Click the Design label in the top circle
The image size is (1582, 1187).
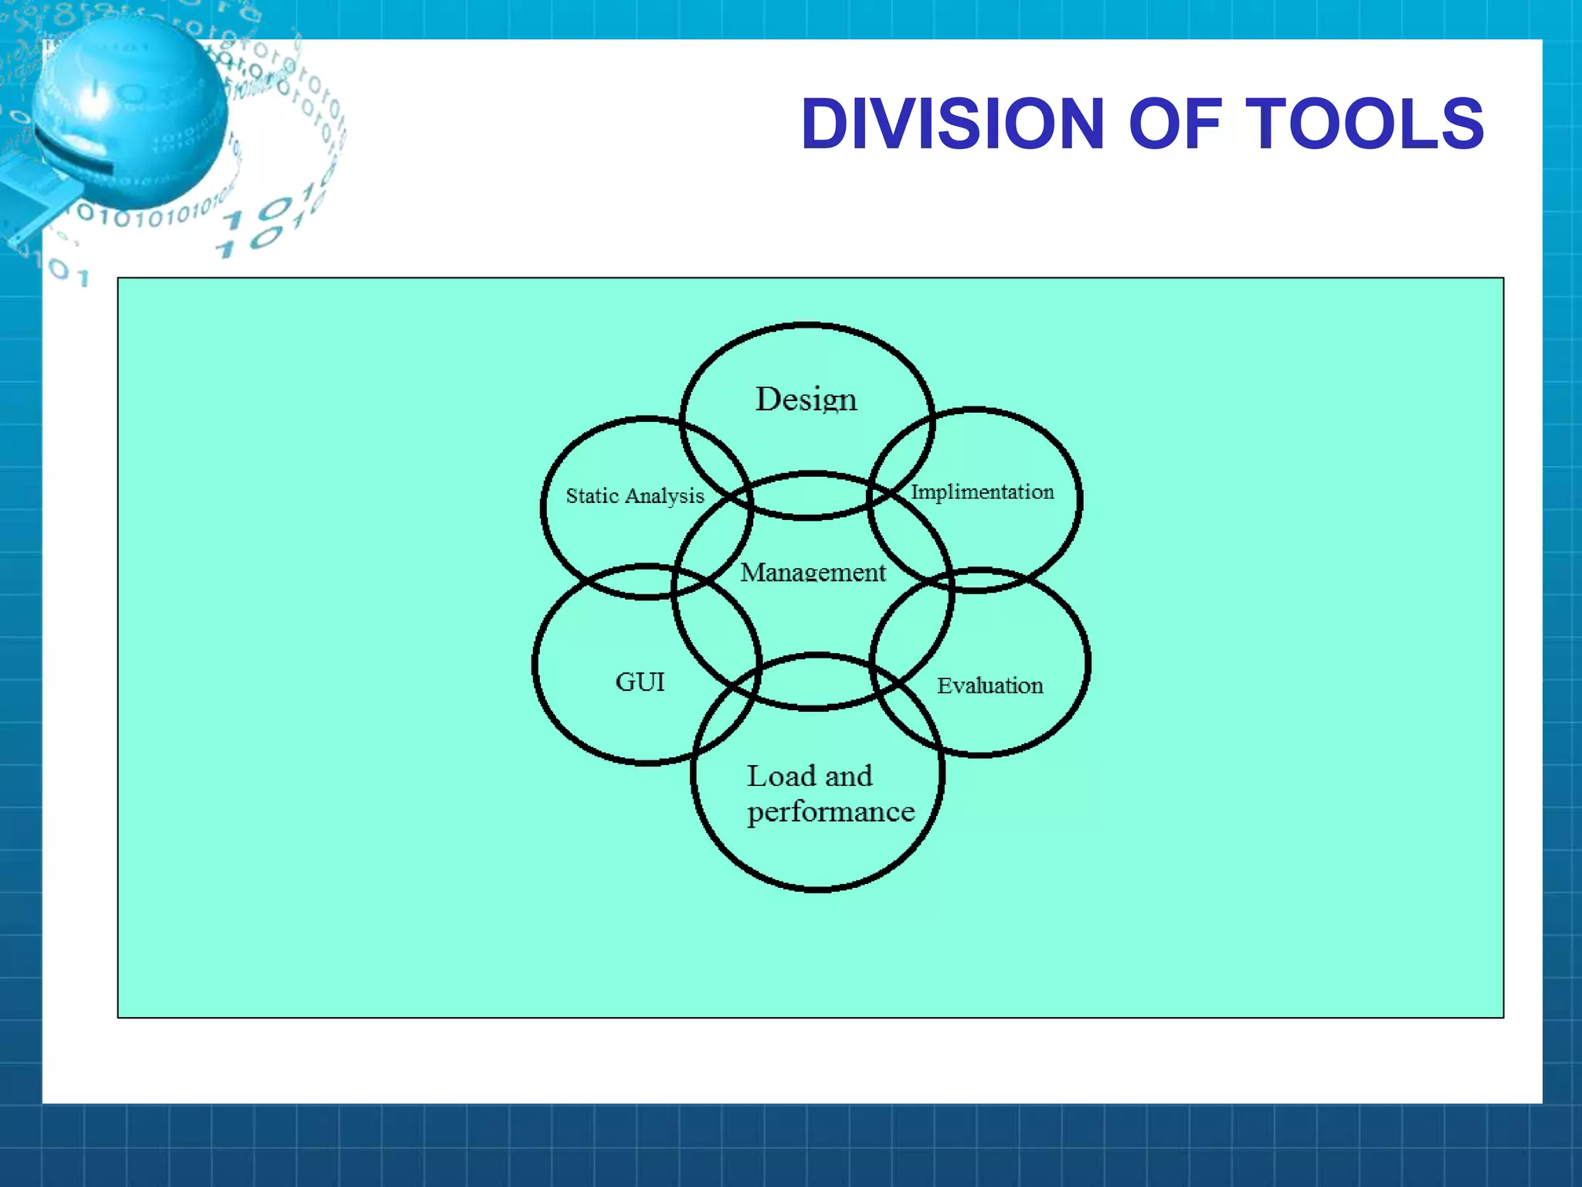pyautogui.click(x=806, y=400)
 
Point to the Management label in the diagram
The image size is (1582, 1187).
pyautogui.click(x=813, y=573)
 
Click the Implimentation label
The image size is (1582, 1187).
pyautogui.click(x=982, y=492)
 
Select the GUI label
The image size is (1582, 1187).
pyautogui.click(x=640, y=682)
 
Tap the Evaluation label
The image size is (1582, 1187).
pyautogui.click(x=990, y=685)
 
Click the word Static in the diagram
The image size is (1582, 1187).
pyautogui.click(x=592, y=496)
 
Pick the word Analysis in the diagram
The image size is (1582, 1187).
pyautogui.click(x=665, y=496)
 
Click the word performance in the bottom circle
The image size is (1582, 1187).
pyautogui.click(x=830, y=812)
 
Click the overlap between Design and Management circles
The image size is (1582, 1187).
pyautogui.click(x=809, y=495)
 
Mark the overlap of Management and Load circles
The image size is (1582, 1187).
pyautogui.click(x=815, y=682)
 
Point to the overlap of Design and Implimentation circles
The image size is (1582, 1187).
pyautogui.click(x=902, y=456)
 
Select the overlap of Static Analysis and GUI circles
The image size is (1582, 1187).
pyautogui.click(x=647, y=581)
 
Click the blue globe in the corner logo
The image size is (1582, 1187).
pyautogui.click(x=131, y=108)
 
